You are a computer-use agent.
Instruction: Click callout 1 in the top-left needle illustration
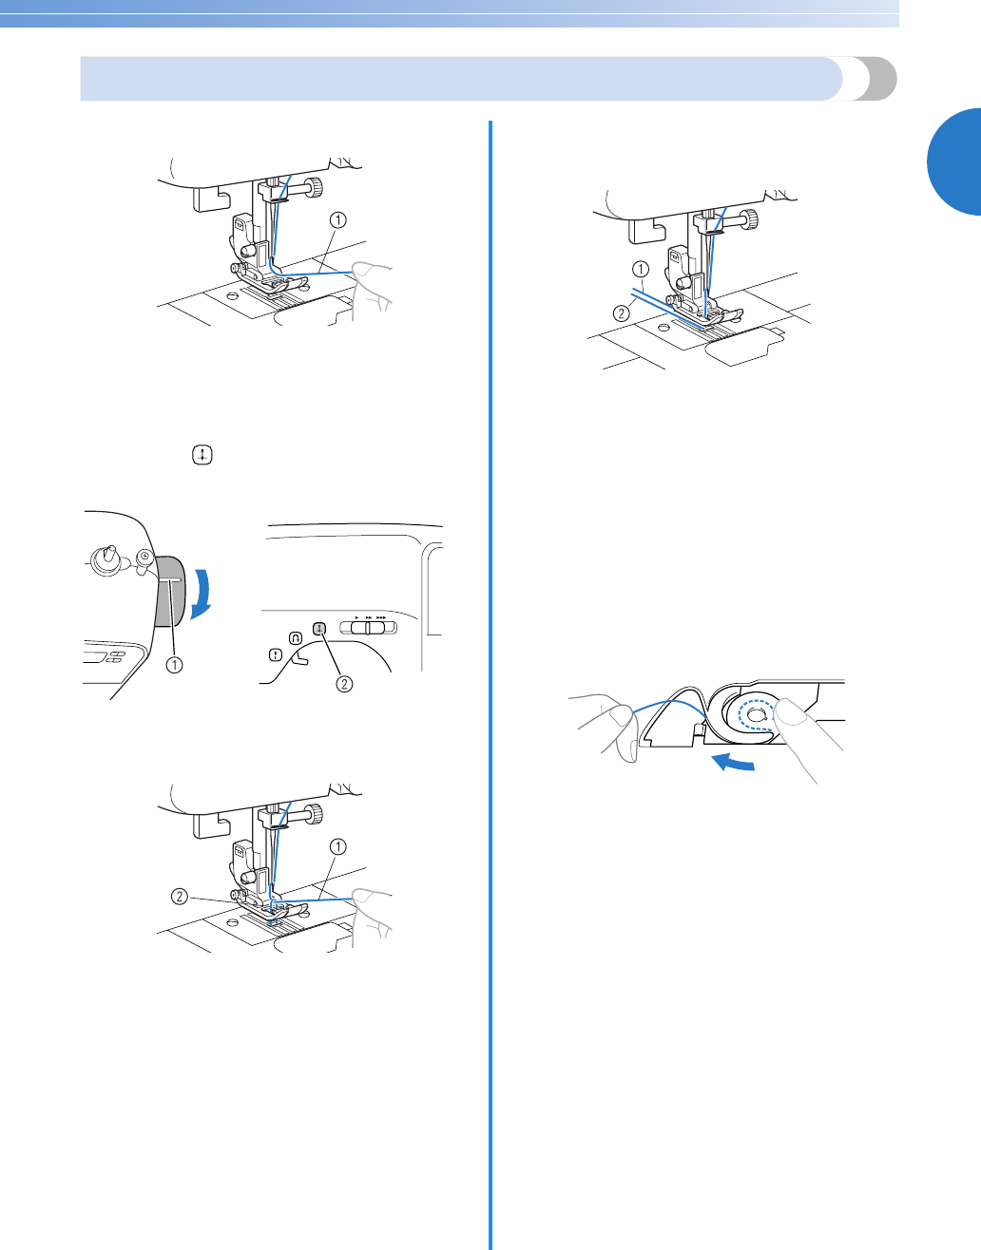coord(338,219)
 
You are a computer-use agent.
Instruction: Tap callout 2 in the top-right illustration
coord(621,313)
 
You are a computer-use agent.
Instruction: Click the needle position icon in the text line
coord(202,456)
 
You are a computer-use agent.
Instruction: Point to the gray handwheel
coord(169,591)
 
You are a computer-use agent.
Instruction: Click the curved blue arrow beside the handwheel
coord(201,594)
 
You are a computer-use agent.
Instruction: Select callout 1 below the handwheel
coord(175,665)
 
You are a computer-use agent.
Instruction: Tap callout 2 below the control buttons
coord(344,683)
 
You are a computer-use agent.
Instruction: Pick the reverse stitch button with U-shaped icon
coord(295,638)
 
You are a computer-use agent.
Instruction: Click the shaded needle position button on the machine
coord(319,629)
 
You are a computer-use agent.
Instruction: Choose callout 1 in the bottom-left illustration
coord(338,846)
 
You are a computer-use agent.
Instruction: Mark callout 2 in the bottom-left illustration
coord(181,897)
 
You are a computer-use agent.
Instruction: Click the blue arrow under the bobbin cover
coord(732,764)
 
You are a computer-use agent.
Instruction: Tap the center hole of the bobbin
coord(754,715)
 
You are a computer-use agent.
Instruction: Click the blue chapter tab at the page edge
coord(954,161)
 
